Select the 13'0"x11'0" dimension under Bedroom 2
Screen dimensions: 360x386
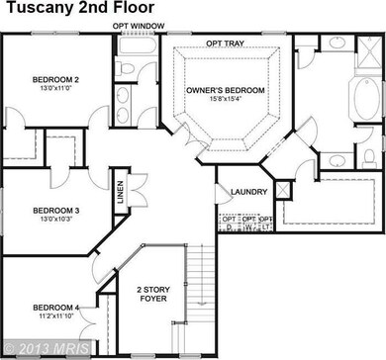[x=47, y=89]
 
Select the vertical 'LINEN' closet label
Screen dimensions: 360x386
[x=119, y=189]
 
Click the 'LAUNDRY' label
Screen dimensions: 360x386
[x=246, y=192]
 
